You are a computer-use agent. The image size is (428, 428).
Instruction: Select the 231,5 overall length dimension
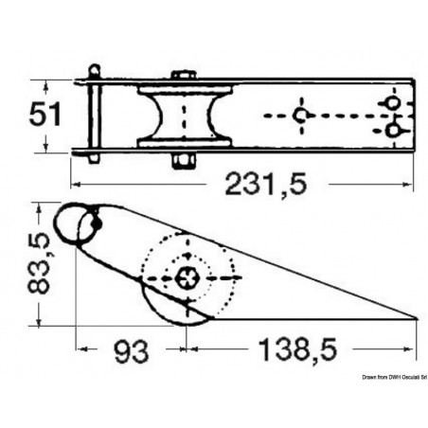(x=269, y=186)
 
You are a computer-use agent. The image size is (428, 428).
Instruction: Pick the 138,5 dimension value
(x=286, y=354)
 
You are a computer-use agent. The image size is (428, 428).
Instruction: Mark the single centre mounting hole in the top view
(x=301, y=116)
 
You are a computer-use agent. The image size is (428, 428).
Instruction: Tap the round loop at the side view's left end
(x=75, y=225)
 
